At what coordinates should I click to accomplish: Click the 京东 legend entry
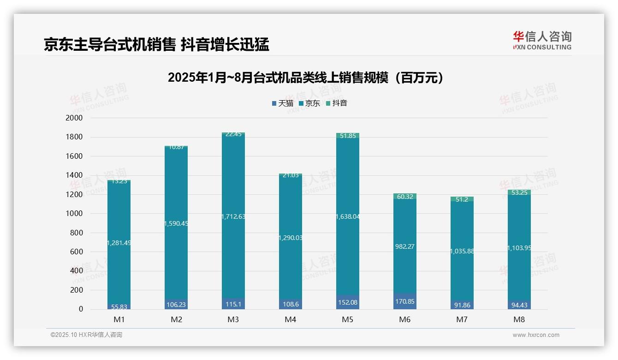(309, 103)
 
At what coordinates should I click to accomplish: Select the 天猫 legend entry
(282, 103)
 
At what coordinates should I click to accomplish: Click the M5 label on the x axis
(348, 319)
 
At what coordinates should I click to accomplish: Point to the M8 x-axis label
(519, 319)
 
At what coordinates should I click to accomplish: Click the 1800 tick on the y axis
(74, 137)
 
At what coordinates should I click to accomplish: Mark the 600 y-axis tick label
(76, 252)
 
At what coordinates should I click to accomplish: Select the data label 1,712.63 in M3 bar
(233, 216)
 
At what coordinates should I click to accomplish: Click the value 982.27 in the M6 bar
(404, 247)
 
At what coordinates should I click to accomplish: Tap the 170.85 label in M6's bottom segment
(404, 302)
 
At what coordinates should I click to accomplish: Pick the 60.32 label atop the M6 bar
(404, 197)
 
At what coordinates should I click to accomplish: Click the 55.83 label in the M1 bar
(119, 306)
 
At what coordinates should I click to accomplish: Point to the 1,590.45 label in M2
(176, 223)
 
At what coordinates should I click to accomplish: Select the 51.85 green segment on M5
(348, 136)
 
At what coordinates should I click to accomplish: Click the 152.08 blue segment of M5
(348, 302)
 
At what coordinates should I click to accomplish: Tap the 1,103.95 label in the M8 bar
(519, 248)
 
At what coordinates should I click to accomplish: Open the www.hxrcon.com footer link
(535, 335)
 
